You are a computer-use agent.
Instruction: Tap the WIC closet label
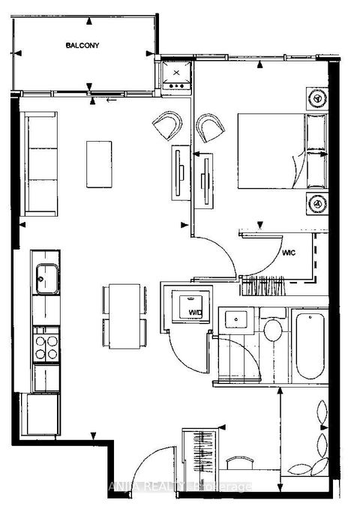pos(292,253)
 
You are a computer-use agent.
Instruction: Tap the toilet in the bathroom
pos(273,329)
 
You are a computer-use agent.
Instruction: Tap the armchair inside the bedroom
pos(211,127)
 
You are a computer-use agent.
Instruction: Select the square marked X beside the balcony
pos(177,74)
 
